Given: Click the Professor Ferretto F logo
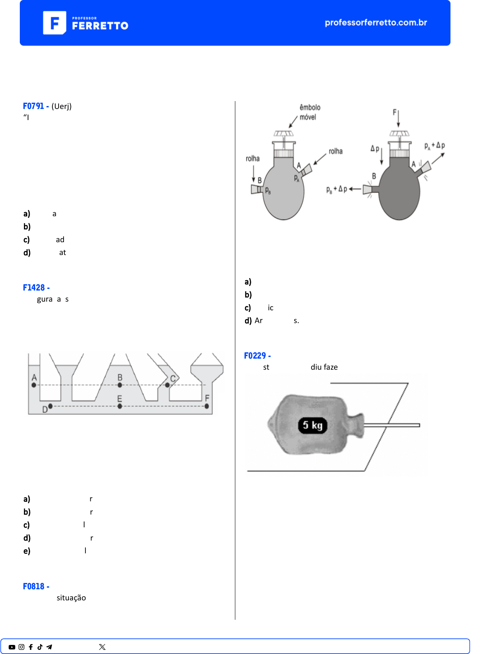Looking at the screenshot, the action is [54, 23].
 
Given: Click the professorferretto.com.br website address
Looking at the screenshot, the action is [376, 22].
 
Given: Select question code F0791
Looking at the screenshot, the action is [33, 106].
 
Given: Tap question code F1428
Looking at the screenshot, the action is [34, 288].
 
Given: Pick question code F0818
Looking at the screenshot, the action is [33, 586].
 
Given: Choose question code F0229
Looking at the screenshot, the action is [255, 356].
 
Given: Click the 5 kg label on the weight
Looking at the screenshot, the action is [313, 425].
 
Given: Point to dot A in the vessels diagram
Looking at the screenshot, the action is [34, 385].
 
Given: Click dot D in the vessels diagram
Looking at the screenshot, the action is [50, 406].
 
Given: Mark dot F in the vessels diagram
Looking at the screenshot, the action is [207, 406].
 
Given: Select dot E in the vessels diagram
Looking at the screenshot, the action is [120, 406].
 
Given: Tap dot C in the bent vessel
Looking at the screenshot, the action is [167, 385].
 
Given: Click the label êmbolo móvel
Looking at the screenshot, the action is [310, 112].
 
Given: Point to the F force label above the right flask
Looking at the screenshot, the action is [395, 112].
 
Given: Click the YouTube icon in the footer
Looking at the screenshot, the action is [12, 647].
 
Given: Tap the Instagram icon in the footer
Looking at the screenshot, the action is [21, 647].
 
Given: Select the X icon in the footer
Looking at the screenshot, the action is [102, 647].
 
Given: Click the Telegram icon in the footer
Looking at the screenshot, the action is [49, 647].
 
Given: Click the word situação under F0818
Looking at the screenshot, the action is [71, 598].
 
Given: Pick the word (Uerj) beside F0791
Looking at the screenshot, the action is [61, 106].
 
